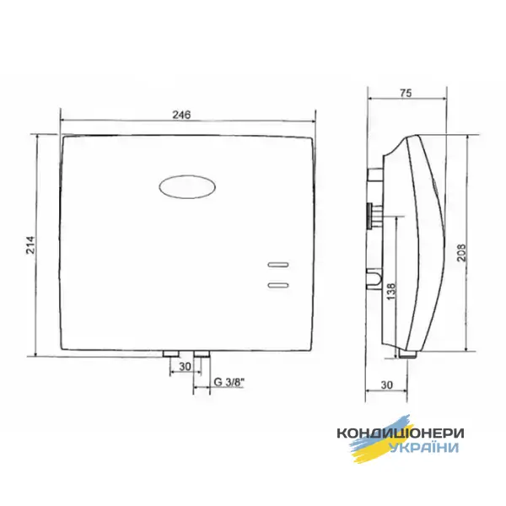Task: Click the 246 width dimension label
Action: point(181,115)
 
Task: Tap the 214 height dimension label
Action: point(30,245)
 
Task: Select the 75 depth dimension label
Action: point(406,93)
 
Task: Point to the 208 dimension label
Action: point(461,252)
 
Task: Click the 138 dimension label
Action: point(390,292)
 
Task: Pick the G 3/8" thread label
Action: point(229,382)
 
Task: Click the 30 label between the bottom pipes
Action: point(185,367)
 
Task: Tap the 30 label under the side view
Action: point(386,385)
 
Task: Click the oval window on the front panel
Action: point(187,187)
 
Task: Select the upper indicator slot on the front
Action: point(278,265)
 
